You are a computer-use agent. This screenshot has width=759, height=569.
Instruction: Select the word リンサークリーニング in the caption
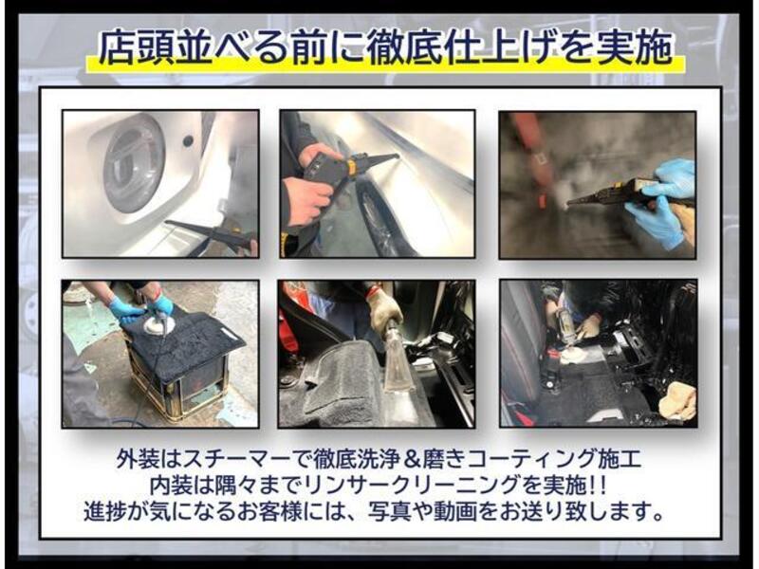coord(413,485)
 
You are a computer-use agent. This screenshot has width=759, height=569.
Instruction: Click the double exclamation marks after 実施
coord(597,485)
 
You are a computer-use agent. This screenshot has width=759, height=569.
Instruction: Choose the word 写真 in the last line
coord(386,511)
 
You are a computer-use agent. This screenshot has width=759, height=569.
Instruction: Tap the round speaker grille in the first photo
coord(134,164)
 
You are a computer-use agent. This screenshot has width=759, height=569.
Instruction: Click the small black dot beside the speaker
coord(188,140)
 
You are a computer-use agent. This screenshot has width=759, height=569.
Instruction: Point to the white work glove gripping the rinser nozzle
coord(385,311)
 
